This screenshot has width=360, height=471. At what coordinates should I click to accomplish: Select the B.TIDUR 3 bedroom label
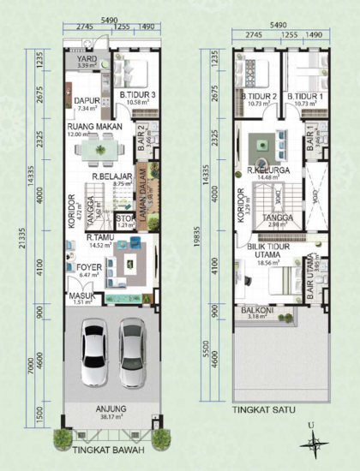[x=137, y=95]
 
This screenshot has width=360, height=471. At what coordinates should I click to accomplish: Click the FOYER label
[x=88, y=266]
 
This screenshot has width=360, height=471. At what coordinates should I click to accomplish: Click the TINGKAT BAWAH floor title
[x=107, y=449]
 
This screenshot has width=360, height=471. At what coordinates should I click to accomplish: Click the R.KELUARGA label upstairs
[x=267, y=170]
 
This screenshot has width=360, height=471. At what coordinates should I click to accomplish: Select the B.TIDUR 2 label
[x=257, y=97]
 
